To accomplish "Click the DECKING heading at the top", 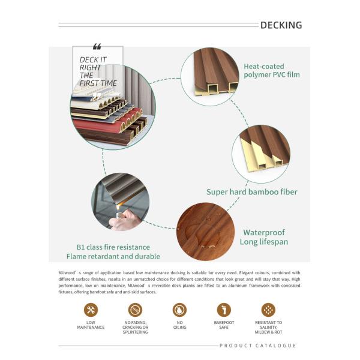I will (281, 25).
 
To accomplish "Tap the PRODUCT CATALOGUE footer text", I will (258, 346).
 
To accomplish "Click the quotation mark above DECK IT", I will (97, 47).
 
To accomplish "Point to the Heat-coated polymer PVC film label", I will (271, 70).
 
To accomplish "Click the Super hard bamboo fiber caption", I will (251, 192).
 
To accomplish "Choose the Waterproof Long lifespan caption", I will (265, 237).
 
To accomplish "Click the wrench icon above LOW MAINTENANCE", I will (91, 310).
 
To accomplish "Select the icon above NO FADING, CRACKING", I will (135, 310).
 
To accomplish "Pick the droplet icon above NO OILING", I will (179, 310).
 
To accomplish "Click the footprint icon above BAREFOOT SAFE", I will (224, 310).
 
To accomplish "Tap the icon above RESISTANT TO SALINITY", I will (268, 310).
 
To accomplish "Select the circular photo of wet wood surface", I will (205, 232).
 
